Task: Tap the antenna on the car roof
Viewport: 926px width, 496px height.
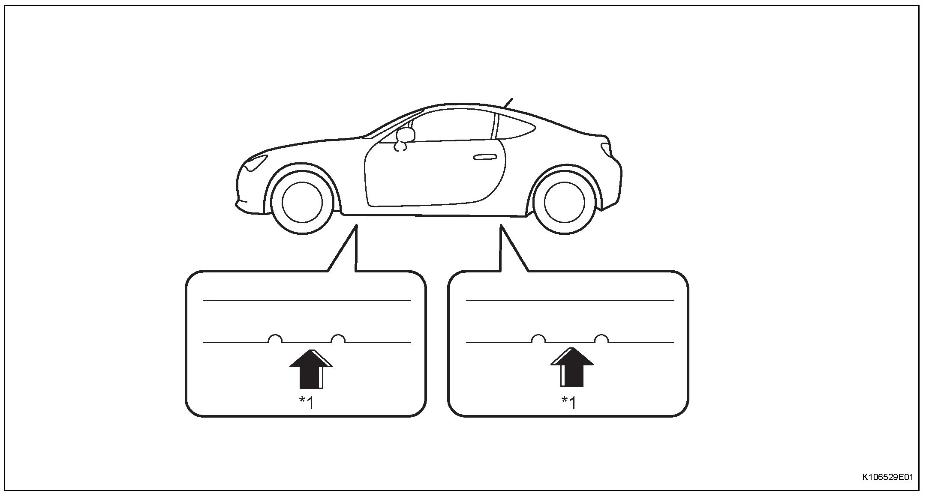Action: pos(509,103)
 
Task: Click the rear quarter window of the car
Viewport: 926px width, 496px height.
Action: pos(517,128)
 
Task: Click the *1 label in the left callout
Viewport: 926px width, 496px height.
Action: pos(307,403)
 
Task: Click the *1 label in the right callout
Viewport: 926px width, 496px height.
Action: pos(569,403)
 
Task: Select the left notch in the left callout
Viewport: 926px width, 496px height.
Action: pos(275,339)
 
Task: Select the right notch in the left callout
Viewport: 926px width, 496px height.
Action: pos(339,339)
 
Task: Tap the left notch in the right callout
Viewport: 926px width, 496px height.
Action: pos(538,339)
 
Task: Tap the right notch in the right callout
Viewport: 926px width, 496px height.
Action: pos(601,339)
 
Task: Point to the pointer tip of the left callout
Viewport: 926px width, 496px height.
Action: pos(356,227)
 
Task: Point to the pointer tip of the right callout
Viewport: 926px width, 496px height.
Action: pos(501,227)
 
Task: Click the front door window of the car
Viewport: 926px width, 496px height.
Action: pos(450,126)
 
